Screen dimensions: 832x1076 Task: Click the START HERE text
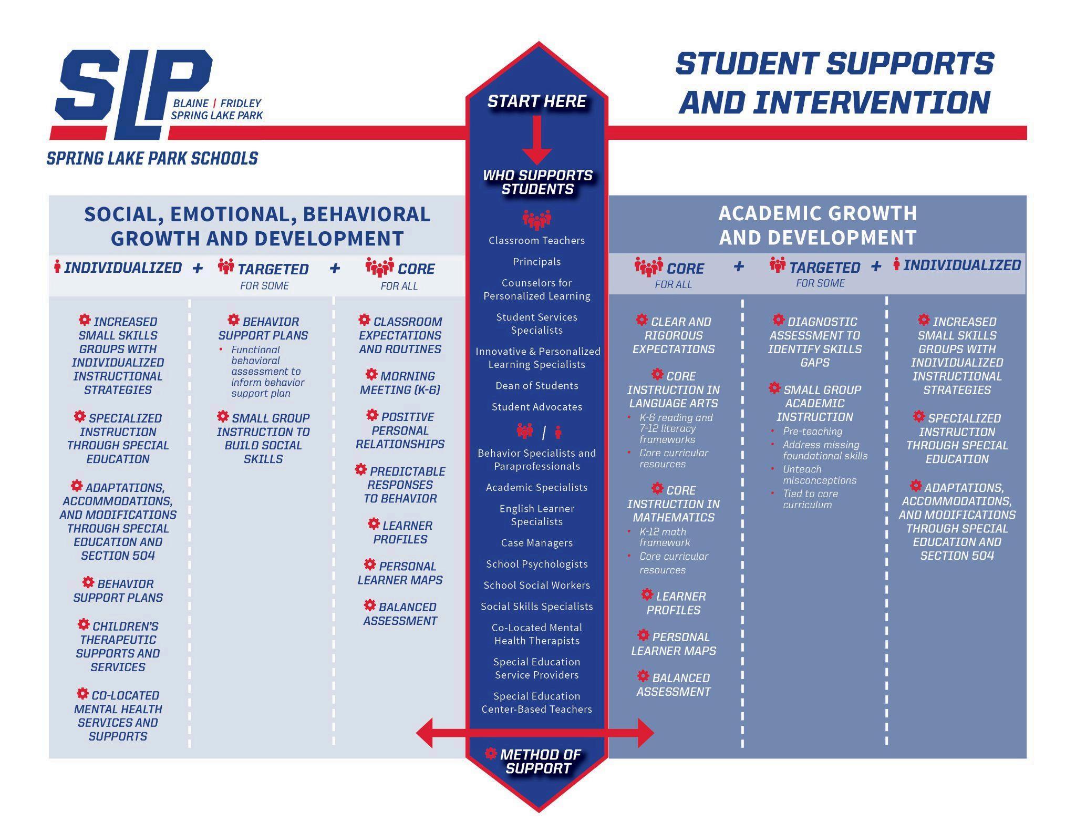536,101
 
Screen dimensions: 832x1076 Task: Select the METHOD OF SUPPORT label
540,761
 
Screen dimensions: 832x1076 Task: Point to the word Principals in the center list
536,262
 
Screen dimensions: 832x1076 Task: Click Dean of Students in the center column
536,386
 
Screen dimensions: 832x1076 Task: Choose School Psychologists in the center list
536,564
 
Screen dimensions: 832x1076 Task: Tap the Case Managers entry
536,543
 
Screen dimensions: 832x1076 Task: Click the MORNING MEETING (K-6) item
400,383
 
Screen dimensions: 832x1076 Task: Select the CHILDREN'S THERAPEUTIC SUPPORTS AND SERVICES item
118,646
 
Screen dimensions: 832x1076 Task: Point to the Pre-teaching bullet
812,432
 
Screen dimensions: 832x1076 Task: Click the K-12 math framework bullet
664,537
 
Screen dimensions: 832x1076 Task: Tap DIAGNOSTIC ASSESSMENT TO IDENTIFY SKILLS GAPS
815,342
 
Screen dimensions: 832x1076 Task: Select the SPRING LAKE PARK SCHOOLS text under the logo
152,158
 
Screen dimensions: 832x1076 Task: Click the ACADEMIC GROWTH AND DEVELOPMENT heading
818,225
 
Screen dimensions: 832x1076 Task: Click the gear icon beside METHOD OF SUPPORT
491,754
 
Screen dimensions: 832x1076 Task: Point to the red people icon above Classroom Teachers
536,219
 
